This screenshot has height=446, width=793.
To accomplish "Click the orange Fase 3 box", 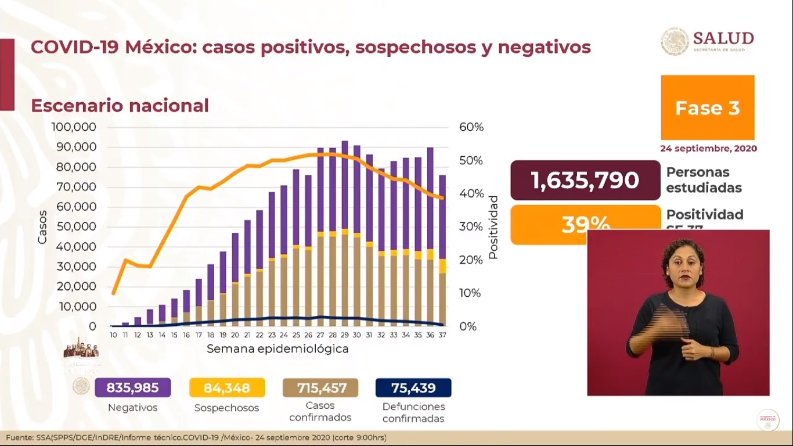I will (707, 107).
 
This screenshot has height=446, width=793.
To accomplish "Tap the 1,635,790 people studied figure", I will (585, 180).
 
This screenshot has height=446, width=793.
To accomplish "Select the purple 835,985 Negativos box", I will (133, 388).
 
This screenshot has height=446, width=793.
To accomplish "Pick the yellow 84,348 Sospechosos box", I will (227, 388).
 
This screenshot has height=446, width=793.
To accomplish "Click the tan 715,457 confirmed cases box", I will (320, 388).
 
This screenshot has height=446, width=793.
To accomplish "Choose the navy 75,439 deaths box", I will (413, 388).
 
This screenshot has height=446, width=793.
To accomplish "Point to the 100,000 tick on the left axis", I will (74, 127).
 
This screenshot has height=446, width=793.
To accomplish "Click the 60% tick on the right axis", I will (471, 127).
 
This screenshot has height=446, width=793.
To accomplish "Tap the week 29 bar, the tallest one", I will (345, 232).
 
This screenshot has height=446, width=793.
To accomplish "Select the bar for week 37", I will (442, 250).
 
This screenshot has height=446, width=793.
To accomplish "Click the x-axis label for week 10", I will (114, 335).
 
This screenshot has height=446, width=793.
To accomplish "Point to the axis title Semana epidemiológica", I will (277, 349).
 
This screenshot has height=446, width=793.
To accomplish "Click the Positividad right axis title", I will (493, 227).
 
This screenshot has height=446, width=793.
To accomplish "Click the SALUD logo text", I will (723, 38).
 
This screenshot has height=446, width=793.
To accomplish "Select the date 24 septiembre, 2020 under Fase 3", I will (708, 148).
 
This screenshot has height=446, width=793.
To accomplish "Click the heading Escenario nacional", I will (120, 106).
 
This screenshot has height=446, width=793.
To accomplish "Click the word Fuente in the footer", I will (19, 437).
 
